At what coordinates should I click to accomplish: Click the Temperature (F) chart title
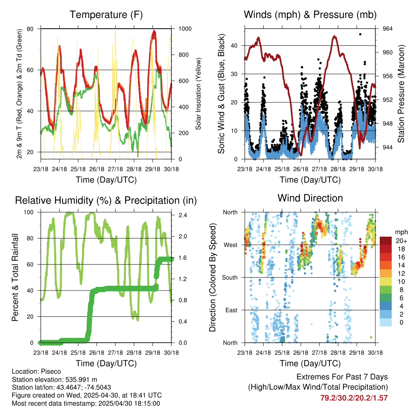coord(106,15)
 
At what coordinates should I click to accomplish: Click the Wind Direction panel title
coord(310,198)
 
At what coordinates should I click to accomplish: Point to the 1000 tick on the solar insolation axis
coord(185,29)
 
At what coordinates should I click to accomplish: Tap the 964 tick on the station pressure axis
coord(387,29)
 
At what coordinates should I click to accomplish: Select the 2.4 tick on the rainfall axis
coord(183,215)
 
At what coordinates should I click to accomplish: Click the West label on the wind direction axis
coord(231,245)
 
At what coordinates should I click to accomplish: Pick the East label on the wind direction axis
coord(231,310)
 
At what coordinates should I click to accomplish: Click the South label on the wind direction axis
coord(230,278)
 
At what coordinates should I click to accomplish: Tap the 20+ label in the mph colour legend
coord(401,241)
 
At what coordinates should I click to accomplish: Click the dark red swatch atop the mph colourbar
coord(386,241)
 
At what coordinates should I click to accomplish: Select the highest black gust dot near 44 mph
coord(360,34)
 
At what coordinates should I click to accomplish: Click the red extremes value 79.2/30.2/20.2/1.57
coord(354,398)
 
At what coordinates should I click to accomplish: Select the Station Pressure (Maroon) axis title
coord(401,94)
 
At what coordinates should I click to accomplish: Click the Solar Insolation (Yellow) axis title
coord(198,94)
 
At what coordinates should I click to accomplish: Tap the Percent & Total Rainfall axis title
coord(15,277)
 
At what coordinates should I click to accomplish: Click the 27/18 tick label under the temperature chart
coord(115,169)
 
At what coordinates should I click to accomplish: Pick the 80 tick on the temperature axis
coord(30,29)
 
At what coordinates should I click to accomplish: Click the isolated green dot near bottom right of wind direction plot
coord(371,337)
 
